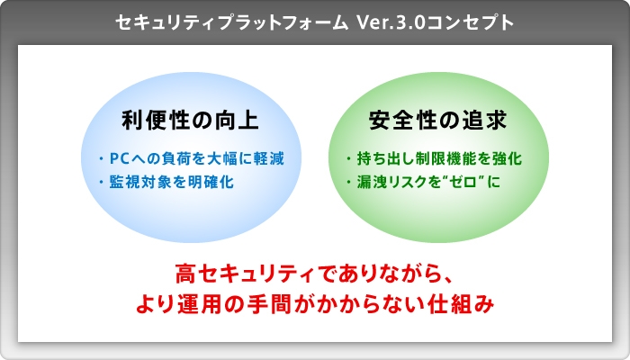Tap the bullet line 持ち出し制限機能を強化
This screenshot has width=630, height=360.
436,159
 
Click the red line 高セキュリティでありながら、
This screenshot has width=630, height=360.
315,273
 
